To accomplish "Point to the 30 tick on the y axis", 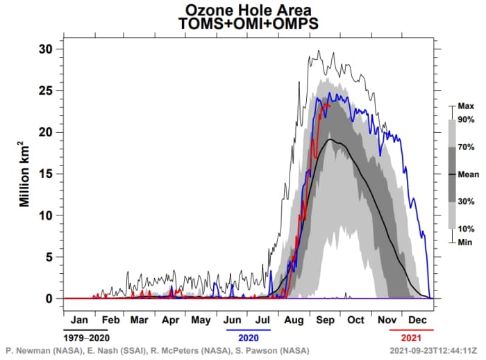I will (x=46, y=49).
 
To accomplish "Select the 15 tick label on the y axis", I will (x=46, y=174).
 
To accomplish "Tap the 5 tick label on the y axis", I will (x=49, y=257).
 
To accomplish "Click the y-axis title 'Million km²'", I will (x=24, y=174).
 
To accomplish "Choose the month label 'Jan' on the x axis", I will (x=79, y=320).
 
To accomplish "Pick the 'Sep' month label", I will (x=324, y=320).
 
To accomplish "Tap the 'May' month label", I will (x=201, y=320).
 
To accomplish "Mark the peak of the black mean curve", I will (x=330, y=140).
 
